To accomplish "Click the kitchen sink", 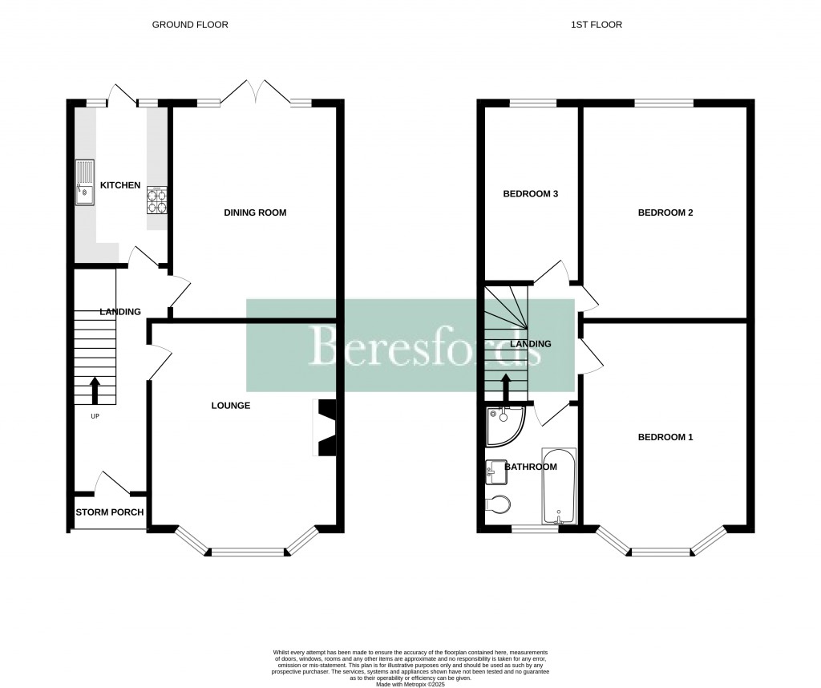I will [85, 182].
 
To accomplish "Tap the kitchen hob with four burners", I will [158, 200].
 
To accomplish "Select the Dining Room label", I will [255, 212].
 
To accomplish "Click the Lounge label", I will [231, 406].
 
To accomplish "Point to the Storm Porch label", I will [110, 512].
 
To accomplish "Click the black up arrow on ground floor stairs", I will [95, 391].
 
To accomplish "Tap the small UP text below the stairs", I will [95, 416].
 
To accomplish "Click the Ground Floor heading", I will [190, 25].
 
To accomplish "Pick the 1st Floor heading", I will [596, 25].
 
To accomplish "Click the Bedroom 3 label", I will [530, 194].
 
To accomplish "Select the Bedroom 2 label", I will [665, 212].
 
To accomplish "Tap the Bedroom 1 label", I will [665, 437].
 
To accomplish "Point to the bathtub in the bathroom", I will [559, 485].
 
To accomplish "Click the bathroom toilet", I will [498, 505].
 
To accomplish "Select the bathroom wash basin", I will [494, 472].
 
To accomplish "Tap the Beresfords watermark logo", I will [410, 346].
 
